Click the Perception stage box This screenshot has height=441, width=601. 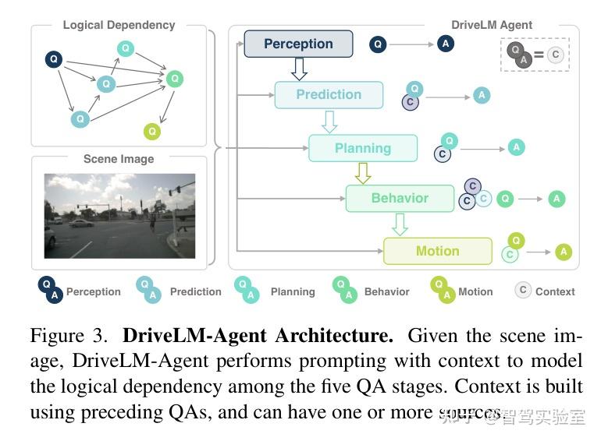[x=298, y=44]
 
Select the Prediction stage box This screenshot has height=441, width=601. [x=329, y=95]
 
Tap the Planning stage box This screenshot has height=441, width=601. [x=363, y=148]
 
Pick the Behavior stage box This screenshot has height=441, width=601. [x=400, y=198]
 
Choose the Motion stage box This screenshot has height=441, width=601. [x=437, y=251]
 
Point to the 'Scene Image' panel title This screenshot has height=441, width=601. [x=119, y=159]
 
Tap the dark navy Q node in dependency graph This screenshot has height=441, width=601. [x=54, y=58]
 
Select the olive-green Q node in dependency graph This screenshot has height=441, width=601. [x=152, y=132]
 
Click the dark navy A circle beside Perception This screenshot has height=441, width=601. [x=446, y=44]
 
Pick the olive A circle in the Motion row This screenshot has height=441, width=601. [x=564, y=252]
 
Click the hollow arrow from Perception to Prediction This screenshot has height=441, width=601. [x=298, y=69]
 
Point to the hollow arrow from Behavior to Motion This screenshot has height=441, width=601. [x=400, y=224]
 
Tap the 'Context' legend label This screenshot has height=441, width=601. [x=555, y=291]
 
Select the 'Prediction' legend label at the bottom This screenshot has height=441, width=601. [x=195, y=291]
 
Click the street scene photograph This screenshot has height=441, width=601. [x=119, y=216]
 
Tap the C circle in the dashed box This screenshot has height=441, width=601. [x=555, y=55]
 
